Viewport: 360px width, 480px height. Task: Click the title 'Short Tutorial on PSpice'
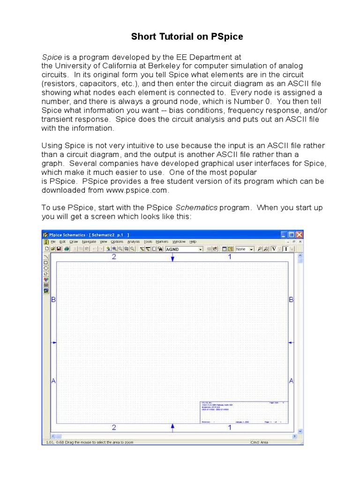click(180, 36)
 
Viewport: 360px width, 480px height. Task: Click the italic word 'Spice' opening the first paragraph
click(52, 57)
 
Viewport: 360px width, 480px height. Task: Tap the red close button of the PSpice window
click(299, 234)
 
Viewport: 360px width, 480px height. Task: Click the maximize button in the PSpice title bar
click(292, 234)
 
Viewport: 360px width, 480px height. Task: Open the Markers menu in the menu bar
click(162, 242)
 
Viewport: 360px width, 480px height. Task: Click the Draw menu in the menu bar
click(74, 242)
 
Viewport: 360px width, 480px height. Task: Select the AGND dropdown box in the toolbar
click(184, 249)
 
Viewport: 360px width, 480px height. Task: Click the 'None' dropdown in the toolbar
click(244, 249)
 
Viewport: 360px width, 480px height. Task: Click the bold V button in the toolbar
click(274, 249)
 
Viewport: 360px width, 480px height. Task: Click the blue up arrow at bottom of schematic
click(172, 427)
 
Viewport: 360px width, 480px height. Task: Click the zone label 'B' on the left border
click(53, 300)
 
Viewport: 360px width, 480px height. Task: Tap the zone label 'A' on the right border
click(291, 381)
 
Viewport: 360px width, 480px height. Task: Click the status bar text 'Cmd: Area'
click(260, 442)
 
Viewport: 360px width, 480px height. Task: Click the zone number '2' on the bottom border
click(114, 427)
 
